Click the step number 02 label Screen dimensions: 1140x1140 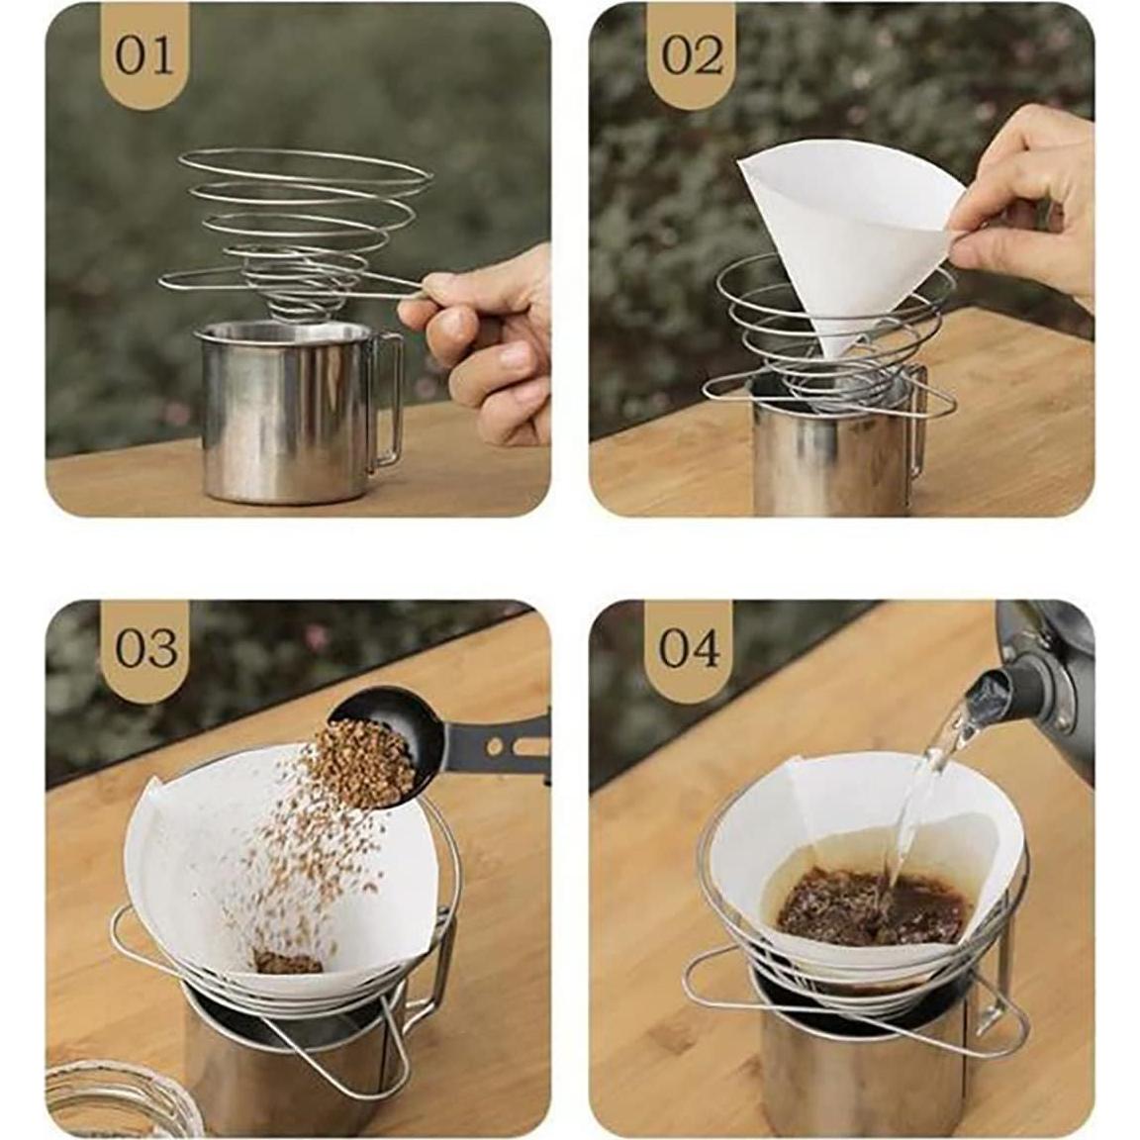[x=691, y=56]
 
